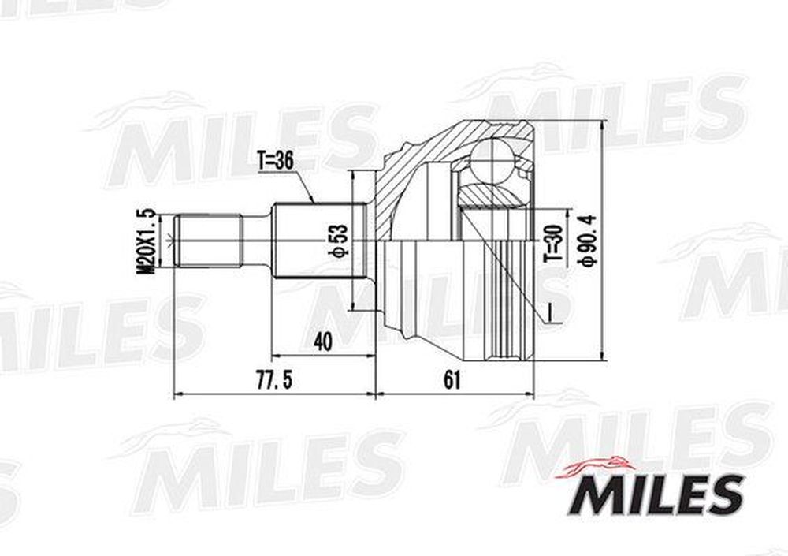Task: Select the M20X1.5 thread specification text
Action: [x=147, y=241]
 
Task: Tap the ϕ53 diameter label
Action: [x=338, y=240]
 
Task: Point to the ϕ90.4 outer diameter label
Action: [x=587, y=238]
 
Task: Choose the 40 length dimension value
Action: [x=322, y=342]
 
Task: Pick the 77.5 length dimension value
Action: [x=274, y=380]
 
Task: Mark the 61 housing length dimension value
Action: [x=452, y=380]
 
